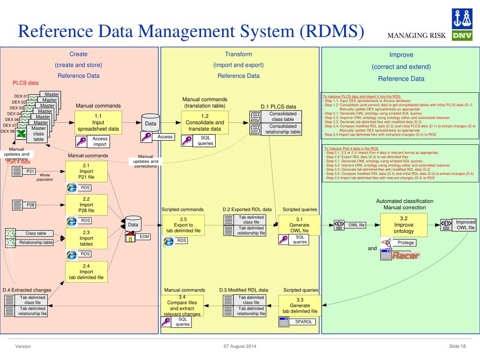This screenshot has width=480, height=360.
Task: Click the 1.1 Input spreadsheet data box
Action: pyautogui.click(x=98, y=122)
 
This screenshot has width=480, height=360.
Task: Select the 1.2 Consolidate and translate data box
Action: pyautogui.click(x=205, y=122)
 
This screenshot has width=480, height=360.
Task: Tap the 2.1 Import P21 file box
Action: pyautogui.click(x=86, y=171)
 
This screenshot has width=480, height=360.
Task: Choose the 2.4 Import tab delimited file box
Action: pyautogui.click(x=86, y=271)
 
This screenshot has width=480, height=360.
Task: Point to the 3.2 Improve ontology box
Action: pyautogui.click(x=404, y=225)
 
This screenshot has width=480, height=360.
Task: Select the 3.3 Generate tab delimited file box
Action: pyautogui.click(x=300, y=305)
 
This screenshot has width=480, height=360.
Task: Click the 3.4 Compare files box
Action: pyautogui.click(x=182, y=306)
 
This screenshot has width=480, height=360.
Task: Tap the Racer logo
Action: pyautogui.click(x=406, y=255)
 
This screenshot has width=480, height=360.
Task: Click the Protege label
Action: pyautogui.click(x=406, y=243)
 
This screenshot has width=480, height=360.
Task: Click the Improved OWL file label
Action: pyautogui.click(x=465, y=225)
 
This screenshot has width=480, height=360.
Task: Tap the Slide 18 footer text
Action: pyautogui.click(x=457, y=346)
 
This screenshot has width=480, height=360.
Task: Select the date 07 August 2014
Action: pyautogui.click(x=240, y=346)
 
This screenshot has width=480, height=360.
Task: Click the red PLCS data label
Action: pyautogui.click(x=25, y=83)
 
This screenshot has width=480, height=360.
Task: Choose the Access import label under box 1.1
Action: pyautogui.click(x=100, y=141)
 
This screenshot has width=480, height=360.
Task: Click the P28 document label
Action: pyautogui.click(x=30, y=205)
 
